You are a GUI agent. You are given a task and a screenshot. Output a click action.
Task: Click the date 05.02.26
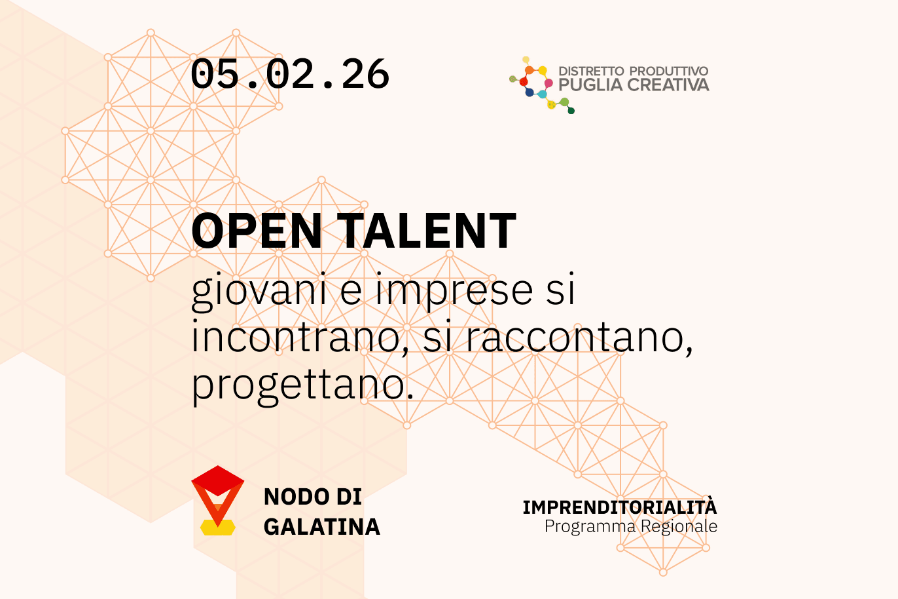click(290, 74)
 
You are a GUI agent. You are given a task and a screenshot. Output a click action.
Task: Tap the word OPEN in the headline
click(257, 231)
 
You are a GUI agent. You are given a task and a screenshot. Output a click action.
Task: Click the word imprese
click(454, 291)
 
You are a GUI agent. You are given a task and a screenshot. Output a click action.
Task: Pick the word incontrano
click(300, 338)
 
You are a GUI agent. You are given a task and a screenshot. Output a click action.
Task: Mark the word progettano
click(302, 385)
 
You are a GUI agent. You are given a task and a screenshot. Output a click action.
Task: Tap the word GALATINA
click(322, 527)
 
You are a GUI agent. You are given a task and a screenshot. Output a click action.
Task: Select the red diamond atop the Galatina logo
click(218, 480)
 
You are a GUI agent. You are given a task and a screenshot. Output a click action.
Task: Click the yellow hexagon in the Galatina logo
click(218, 528)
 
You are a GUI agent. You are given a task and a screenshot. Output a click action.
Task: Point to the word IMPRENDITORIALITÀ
click(620, 507)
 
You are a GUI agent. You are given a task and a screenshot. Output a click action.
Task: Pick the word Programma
click(590, 527)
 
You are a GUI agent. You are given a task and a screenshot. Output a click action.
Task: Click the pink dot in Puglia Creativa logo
click(548, 83)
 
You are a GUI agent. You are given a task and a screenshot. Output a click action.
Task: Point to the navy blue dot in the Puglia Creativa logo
click(529, 93)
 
